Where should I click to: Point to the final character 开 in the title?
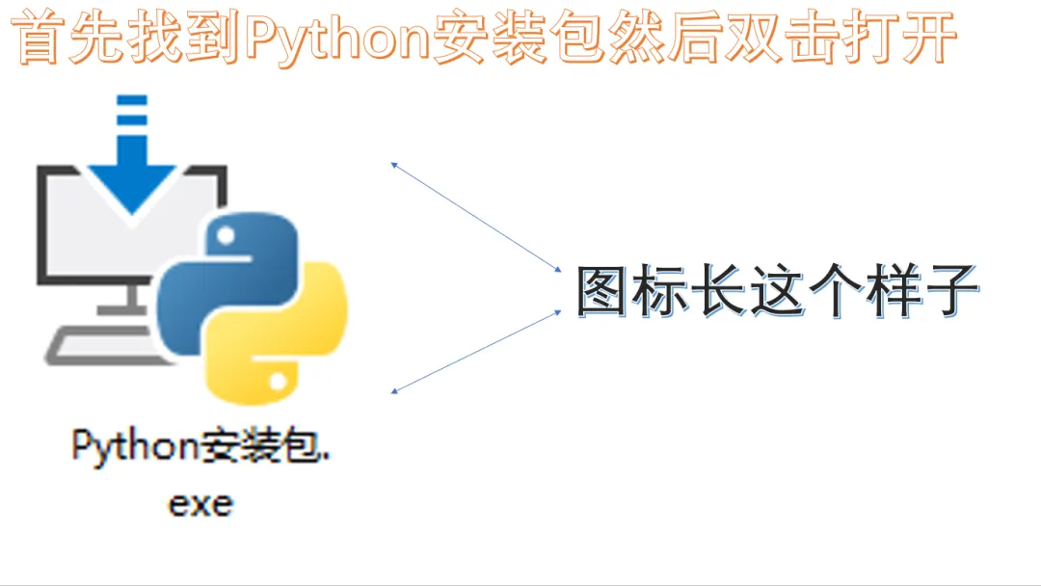pos(925,40)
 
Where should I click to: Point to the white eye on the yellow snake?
pos(280,382)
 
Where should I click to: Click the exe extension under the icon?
pos(200,503)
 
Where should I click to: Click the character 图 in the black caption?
pos(602,291)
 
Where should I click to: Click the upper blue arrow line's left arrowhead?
pos(393,165)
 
